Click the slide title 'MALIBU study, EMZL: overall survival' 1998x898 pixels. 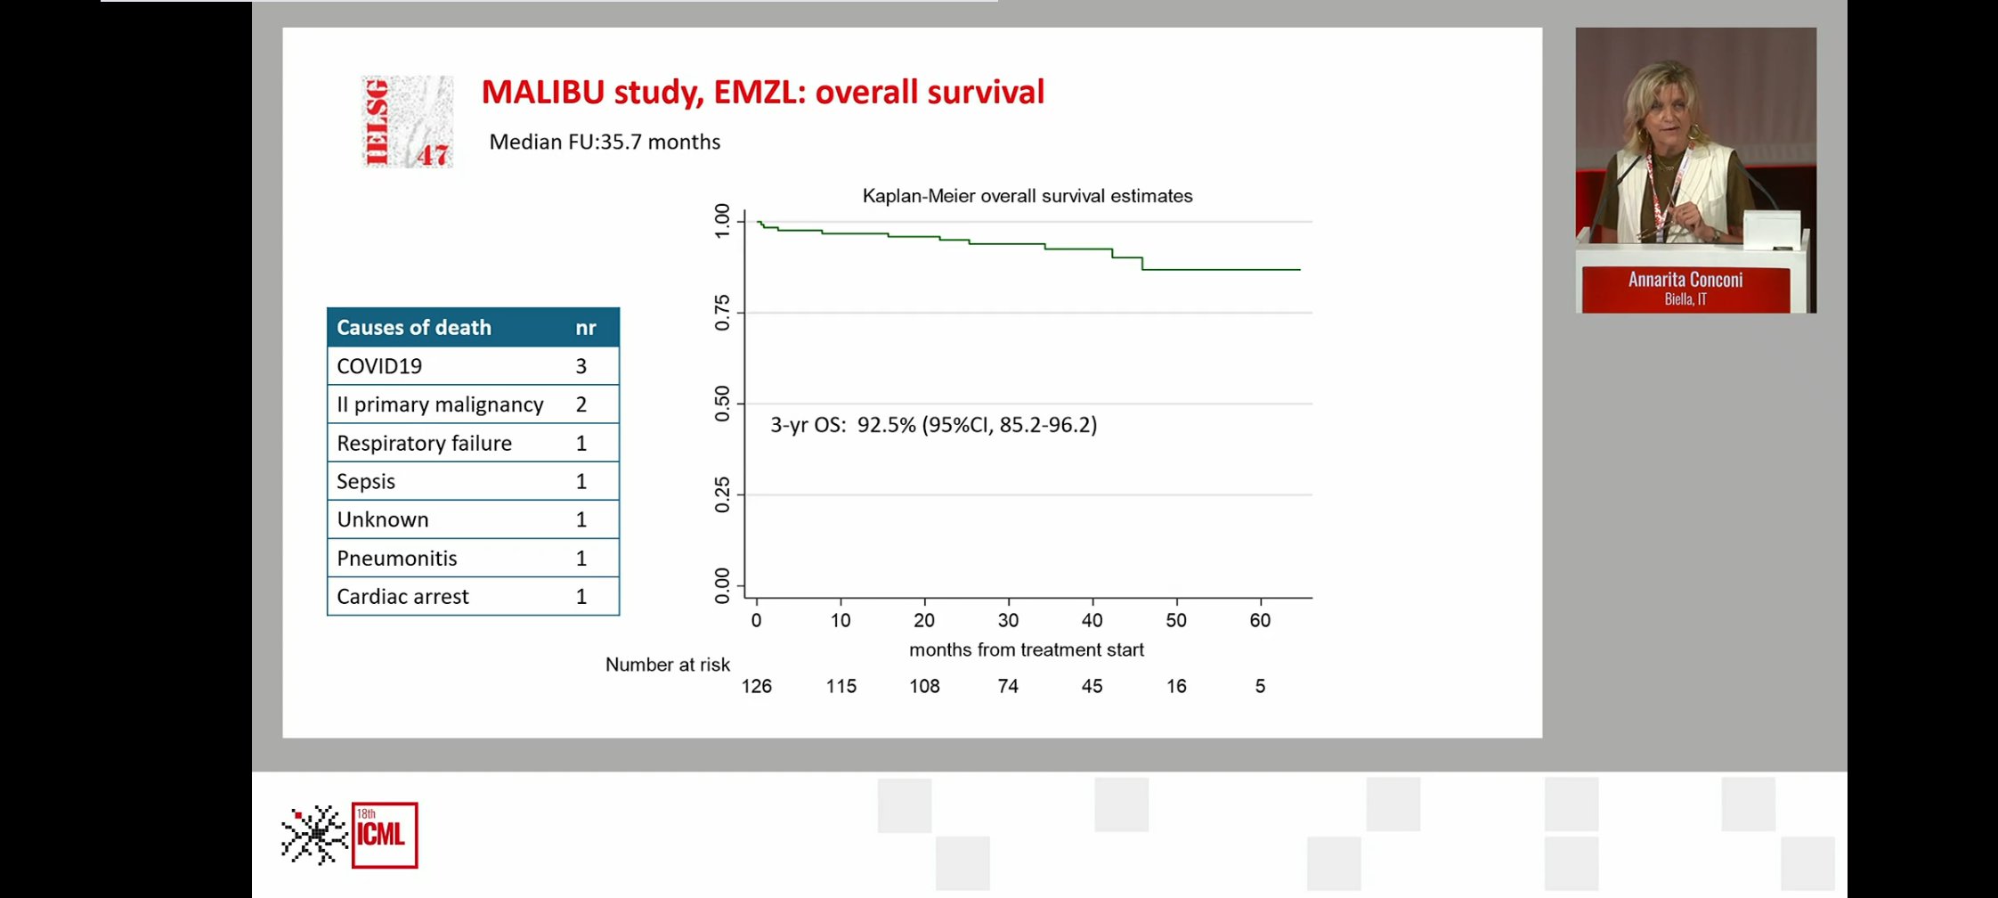763,93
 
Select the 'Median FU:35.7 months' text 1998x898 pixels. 605,142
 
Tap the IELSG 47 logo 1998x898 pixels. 407,122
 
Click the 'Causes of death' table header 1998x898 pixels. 414,328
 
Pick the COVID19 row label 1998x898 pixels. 379,366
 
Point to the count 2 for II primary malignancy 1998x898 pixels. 581,404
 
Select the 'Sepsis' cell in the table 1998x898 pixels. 366,482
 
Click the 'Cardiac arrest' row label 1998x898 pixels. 402,597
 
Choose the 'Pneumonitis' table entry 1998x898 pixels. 397,559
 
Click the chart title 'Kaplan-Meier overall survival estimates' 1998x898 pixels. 1027,196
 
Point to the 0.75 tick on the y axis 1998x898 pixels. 722,313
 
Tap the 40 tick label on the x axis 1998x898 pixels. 1092,621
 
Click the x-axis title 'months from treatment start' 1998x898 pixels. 1027,650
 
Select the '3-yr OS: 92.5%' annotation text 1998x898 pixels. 843,425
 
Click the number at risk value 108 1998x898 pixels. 924,686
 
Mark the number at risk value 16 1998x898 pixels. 1176,686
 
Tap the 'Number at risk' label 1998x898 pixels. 668,665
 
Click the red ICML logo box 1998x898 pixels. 385,836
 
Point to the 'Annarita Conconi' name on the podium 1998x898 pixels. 1685,280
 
